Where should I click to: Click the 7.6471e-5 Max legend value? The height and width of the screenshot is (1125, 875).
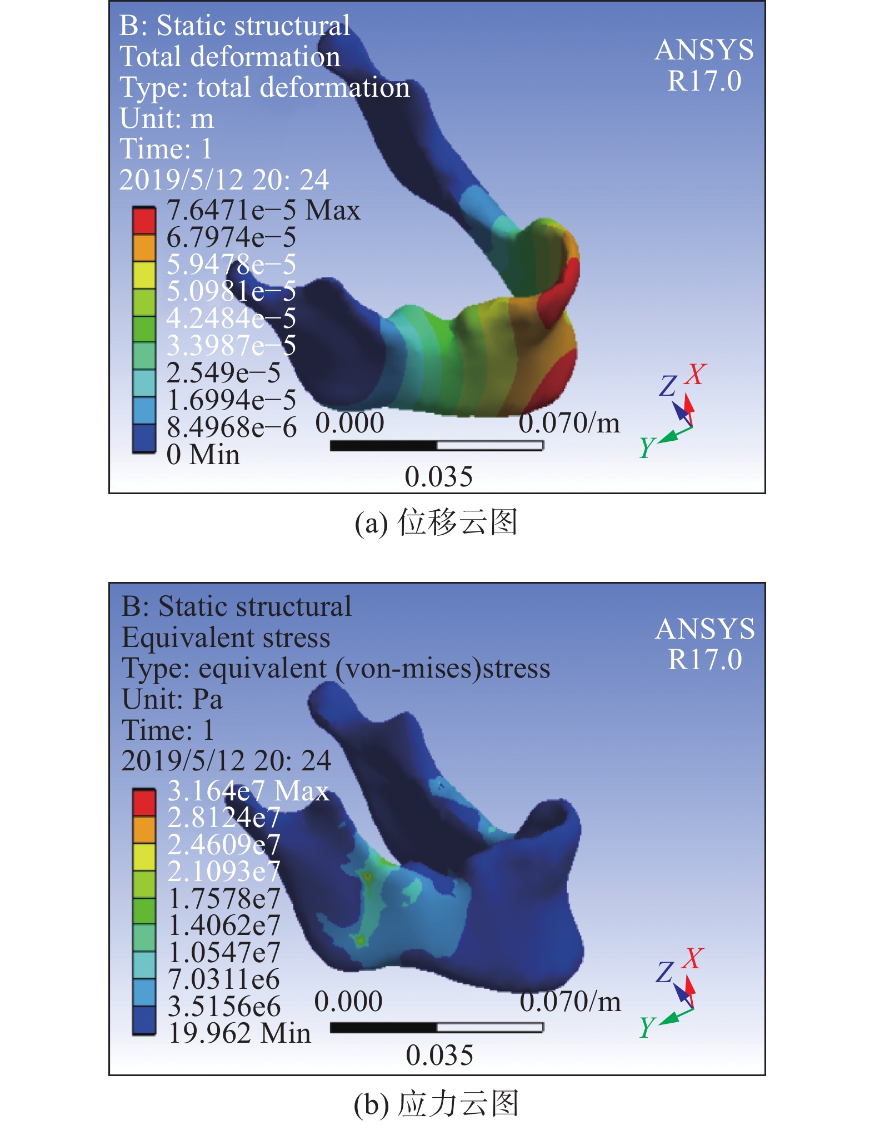pyautogui.click(x=263, y=211)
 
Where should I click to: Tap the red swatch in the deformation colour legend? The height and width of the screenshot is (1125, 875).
pyautogui.click(x=144, y=220)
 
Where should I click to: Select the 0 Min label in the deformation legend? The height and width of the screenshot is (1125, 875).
pyautogui.click(x=203, y=455)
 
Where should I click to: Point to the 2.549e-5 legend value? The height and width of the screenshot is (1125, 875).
pyautogui.click(x=223, y=372)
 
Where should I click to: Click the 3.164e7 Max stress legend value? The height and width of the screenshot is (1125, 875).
pyautogui.click(x=248, y=790)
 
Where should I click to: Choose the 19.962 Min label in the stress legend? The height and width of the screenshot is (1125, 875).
pyautogui.click(x=239, y=1033)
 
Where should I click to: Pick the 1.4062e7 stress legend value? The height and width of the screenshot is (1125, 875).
pyautogui.click(x=224, y=925)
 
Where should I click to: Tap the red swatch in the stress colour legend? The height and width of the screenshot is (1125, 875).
pyautogui.click(x=144, y=802)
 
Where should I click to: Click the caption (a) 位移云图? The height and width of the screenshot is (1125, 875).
pyautogui.click(x=436, y=522)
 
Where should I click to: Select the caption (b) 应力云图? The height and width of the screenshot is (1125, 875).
pyautogui.click(x=436, y=1103)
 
